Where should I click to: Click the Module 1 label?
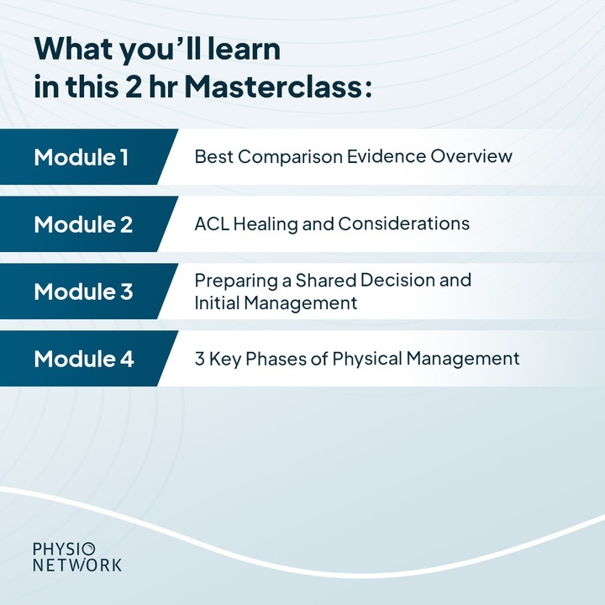(x=82, y=157)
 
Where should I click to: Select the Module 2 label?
(x=83, y=224)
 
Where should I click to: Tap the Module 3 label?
(x=83, y=292)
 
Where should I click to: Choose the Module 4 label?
(x=84, y=359)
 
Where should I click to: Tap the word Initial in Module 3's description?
(x=215, y=302)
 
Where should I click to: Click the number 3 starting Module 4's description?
(x=199, y=359)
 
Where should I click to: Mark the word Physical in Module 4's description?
(x=369, y=359)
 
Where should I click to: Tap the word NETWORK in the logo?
(x=76, y=566)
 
